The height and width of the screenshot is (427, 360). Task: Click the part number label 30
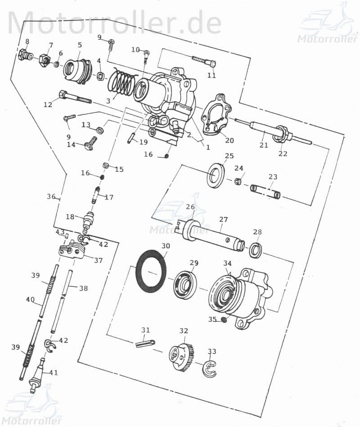point(166,246)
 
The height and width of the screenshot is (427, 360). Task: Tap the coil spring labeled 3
point(122,83)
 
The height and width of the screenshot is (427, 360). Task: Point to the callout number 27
point(224,219)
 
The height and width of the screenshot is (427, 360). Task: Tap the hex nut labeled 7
point(45,59)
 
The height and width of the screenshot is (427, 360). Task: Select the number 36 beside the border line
point(51,196)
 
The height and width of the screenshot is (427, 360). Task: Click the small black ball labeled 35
point(224,320)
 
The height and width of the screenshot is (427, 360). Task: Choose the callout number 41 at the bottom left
point(54,372)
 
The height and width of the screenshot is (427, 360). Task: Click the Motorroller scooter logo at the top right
point(327,25)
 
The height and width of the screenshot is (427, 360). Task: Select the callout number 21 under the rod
point(264,145)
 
